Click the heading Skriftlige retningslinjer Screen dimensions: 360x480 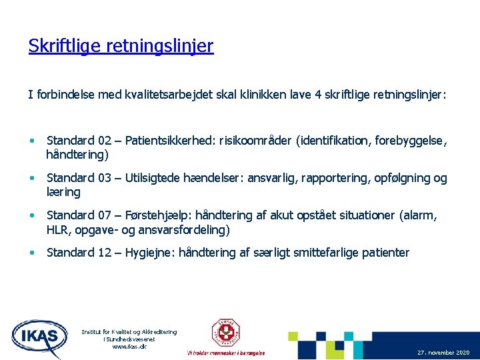pyautogui.click(x=121, y=46)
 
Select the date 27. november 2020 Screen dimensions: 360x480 pyautogui.click(x=443, y=352)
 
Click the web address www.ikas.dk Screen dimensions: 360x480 pyautogui.click(x=129, y=346)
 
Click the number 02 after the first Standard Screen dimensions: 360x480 pyautogui.click(x=104, y=141)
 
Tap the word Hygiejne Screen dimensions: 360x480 pyautogui.click(x=147, y=253)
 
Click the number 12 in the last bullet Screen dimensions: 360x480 pyautogui.click(x=104, y=253)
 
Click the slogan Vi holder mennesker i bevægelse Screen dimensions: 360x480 pyautogui.click(x=226, y=353)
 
